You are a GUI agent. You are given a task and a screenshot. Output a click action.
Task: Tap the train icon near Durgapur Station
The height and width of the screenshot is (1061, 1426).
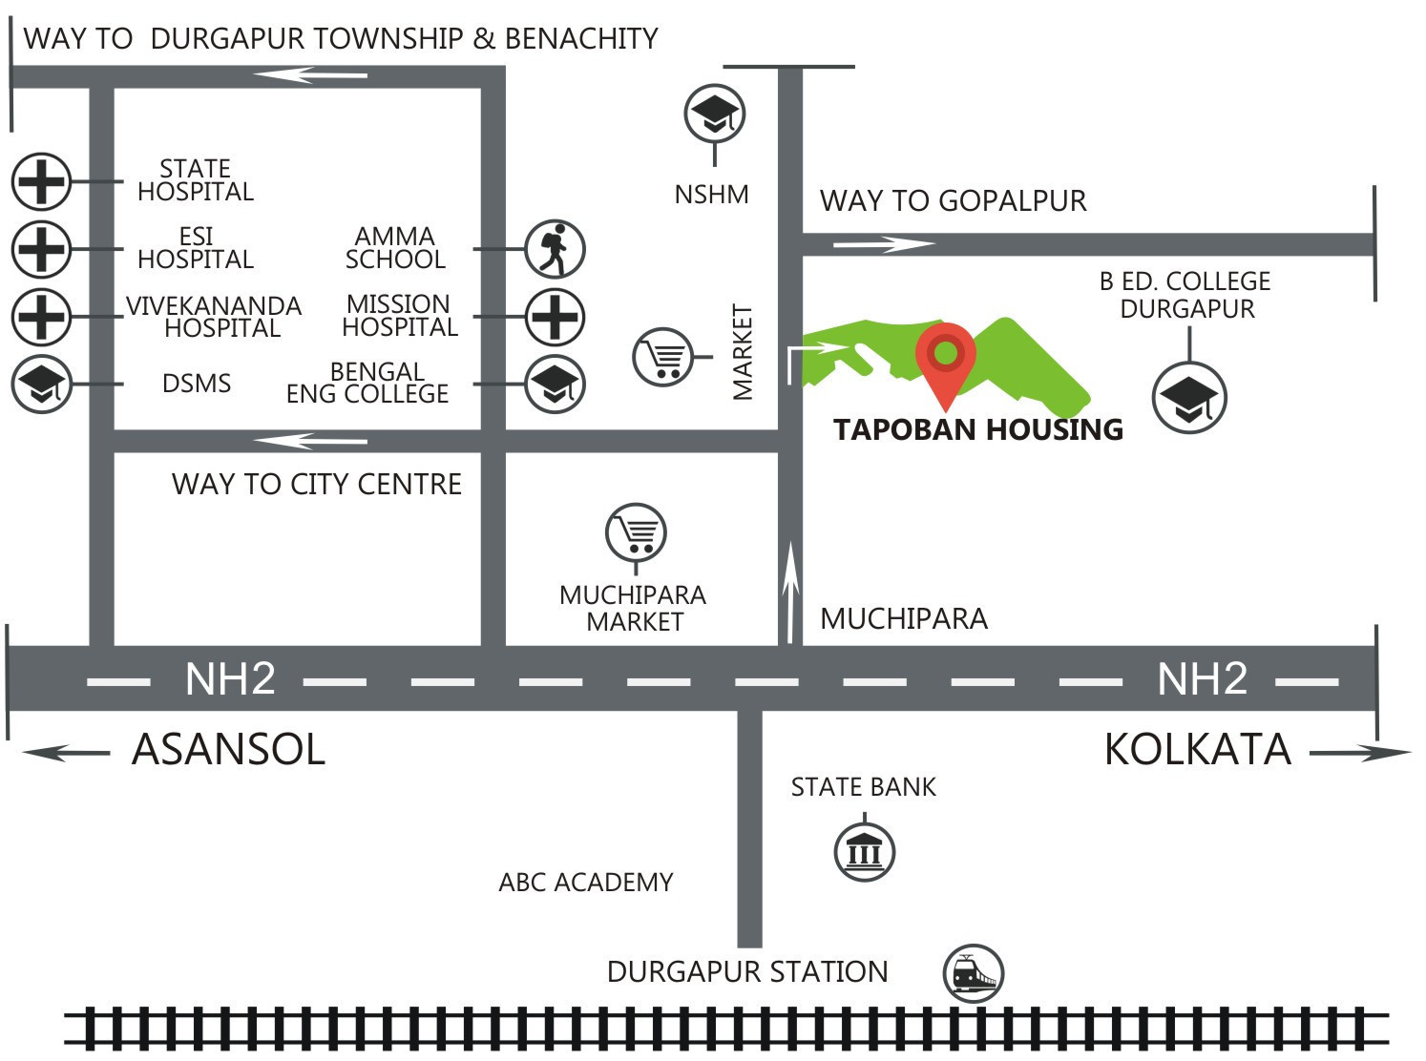click(973, 974)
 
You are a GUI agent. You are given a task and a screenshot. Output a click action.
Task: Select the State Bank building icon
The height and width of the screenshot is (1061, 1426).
click(865, 851)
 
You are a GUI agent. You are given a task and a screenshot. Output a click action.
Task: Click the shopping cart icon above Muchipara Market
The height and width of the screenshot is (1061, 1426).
click(636, 532)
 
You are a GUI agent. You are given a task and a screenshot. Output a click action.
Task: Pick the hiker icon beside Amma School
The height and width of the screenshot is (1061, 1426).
click(555, 249)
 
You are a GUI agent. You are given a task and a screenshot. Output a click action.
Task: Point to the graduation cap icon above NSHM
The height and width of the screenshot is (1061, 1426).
click(715, 114)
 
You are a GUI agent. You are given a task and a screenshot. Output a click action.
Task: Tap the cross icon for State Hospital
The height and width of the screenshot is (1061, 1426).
click(41, 180)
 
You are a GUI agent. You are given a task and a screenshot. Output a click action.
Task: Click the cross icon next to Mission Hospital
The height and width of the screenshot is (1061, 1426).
click(555, 317)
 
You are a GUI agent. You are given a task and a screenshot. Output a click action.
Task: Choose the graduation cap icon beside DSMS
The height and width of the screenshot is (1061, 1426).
click(41, 384)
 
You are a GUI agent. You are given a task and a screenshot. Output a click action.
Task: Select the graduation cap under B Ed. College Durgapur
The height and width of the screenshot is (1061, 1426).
click(1189, 397)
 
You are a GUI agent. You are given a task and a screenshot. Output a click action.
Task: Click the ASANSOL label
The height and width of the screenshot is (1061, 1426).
click(228, 749)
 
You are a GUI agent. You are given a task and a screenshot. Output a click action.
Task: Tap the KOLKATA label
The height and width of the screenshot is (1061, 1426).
click(1197, 750)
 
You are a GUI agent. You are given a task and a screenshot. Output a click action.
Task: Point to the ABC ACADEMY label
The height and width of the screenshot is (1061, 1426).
click(585, 883)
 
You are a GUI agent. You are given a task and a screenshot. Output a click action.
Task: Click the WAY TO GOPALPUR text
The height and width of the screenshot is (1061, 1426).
click(953, 201)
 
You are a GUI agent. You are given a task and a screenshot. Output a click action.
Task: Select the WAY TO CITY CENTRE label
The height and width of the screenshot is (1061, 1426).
click(316, 485)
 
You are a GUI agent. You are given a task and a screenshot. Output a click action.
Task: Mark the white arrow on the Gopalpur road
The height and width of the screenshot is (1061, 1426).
click(882, 244)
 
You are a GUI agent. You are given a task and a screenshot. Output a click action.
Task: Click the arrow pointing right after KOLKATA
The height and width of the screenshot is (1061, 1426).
click(1359, 753)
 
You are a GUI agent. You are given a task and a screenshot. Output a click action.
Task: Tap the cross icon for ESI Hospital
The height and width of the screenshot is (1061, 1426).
click(41, 249)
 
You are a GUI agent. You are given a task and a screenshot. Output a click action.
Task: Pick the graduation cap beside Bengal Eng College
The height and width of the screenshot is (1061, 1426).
click(555, 384)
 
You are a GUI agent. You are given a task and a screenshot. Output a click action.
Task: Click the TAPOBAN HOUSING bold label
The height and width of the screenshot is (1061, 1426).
click(977, 430)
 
